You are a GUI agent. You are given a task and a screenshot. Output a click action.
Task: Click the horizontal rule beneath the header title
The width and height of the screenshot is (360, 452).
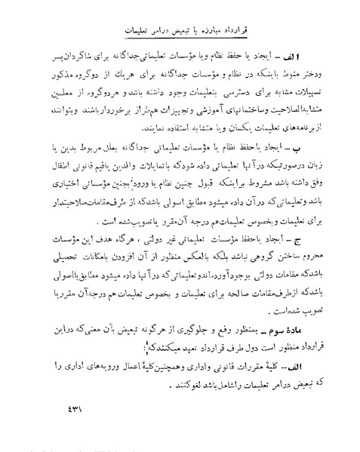point(182,45)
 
